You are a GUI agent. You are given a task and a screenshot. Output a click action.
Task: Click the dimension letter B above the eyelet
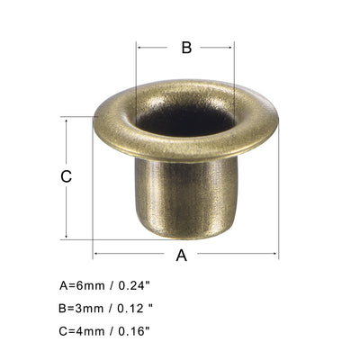pos(186,48)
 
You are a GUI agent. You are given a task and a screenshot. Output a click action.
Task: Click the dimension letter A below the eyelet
pos(181,255)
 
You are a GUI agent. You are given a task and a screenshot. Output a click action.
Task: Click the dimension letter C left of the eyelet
pos(66,177)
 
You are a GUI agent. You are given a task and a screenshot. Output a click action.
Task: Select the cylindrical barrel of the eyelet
pos(184,193)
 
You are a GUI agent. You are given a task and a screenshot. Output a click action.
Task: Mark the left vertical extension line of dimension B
pos(137,67)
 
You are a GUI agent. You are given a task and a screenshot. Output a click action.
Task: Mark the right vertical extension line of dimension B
pos(234,67)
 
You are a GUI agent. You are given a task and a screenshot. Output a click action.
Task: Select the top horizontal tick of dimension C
pos(76,116)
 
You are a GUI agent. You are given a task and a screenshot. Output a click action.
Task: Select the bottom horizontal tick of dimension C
pos(76,238)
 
